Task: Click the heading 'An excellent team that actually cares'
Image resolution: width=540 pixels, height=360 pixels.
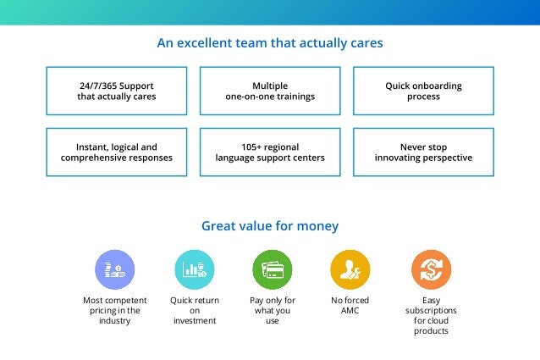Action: (270, 42)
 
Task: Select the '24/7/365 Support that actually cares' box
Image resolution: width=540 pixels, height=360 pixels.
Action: (117, 91)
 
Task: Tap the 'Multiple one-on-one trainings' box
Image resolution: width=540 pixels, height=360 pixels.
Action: (270, 91)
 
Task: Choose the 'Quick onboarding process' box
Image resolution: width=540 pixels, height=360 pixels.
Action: (423, 91)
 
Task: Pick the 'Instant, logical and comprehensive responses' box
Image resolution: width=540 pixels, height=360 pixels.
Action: (117, 152)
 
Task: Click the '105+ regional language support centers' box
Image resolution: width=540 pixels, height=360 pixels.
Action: (270, 152)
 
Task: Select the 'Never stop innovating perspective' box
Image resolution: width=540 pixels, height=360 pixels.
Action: (423, 152)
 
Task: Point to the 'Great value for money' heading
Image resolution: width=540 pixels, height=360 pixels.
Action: (270, 226)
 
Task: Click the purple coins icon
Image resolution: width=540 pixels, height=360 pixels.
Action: (115, 270)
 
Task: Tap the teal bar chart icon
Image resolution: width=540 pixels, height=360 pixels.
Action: (195, 270)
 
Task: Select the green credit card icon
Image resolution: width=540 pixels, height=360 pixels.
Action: (273, 270)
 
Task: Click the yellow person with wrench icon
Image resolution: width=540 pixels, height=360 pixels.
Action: (350, 270)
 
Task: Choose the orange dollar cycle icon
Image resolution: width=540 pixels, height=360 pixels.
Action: (431, 270)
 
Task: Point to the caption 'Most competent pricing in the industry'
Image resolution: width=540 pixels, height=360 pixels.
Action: (115, 311)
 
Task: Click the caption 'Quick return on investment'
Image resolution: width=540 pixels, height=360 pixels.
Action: (195, 311)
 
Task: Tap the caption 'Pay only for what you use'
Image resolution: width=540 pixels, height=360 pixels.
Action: (273, 311)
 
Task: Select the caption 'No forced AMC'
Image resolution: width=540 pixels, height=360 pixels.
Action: (350, 306)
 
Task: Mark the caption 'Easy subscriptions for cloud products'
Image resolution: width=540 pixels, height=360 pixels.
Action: (431, 315)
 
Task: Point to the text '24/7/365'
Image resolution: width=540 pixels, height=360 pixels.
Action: (99, 86)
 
